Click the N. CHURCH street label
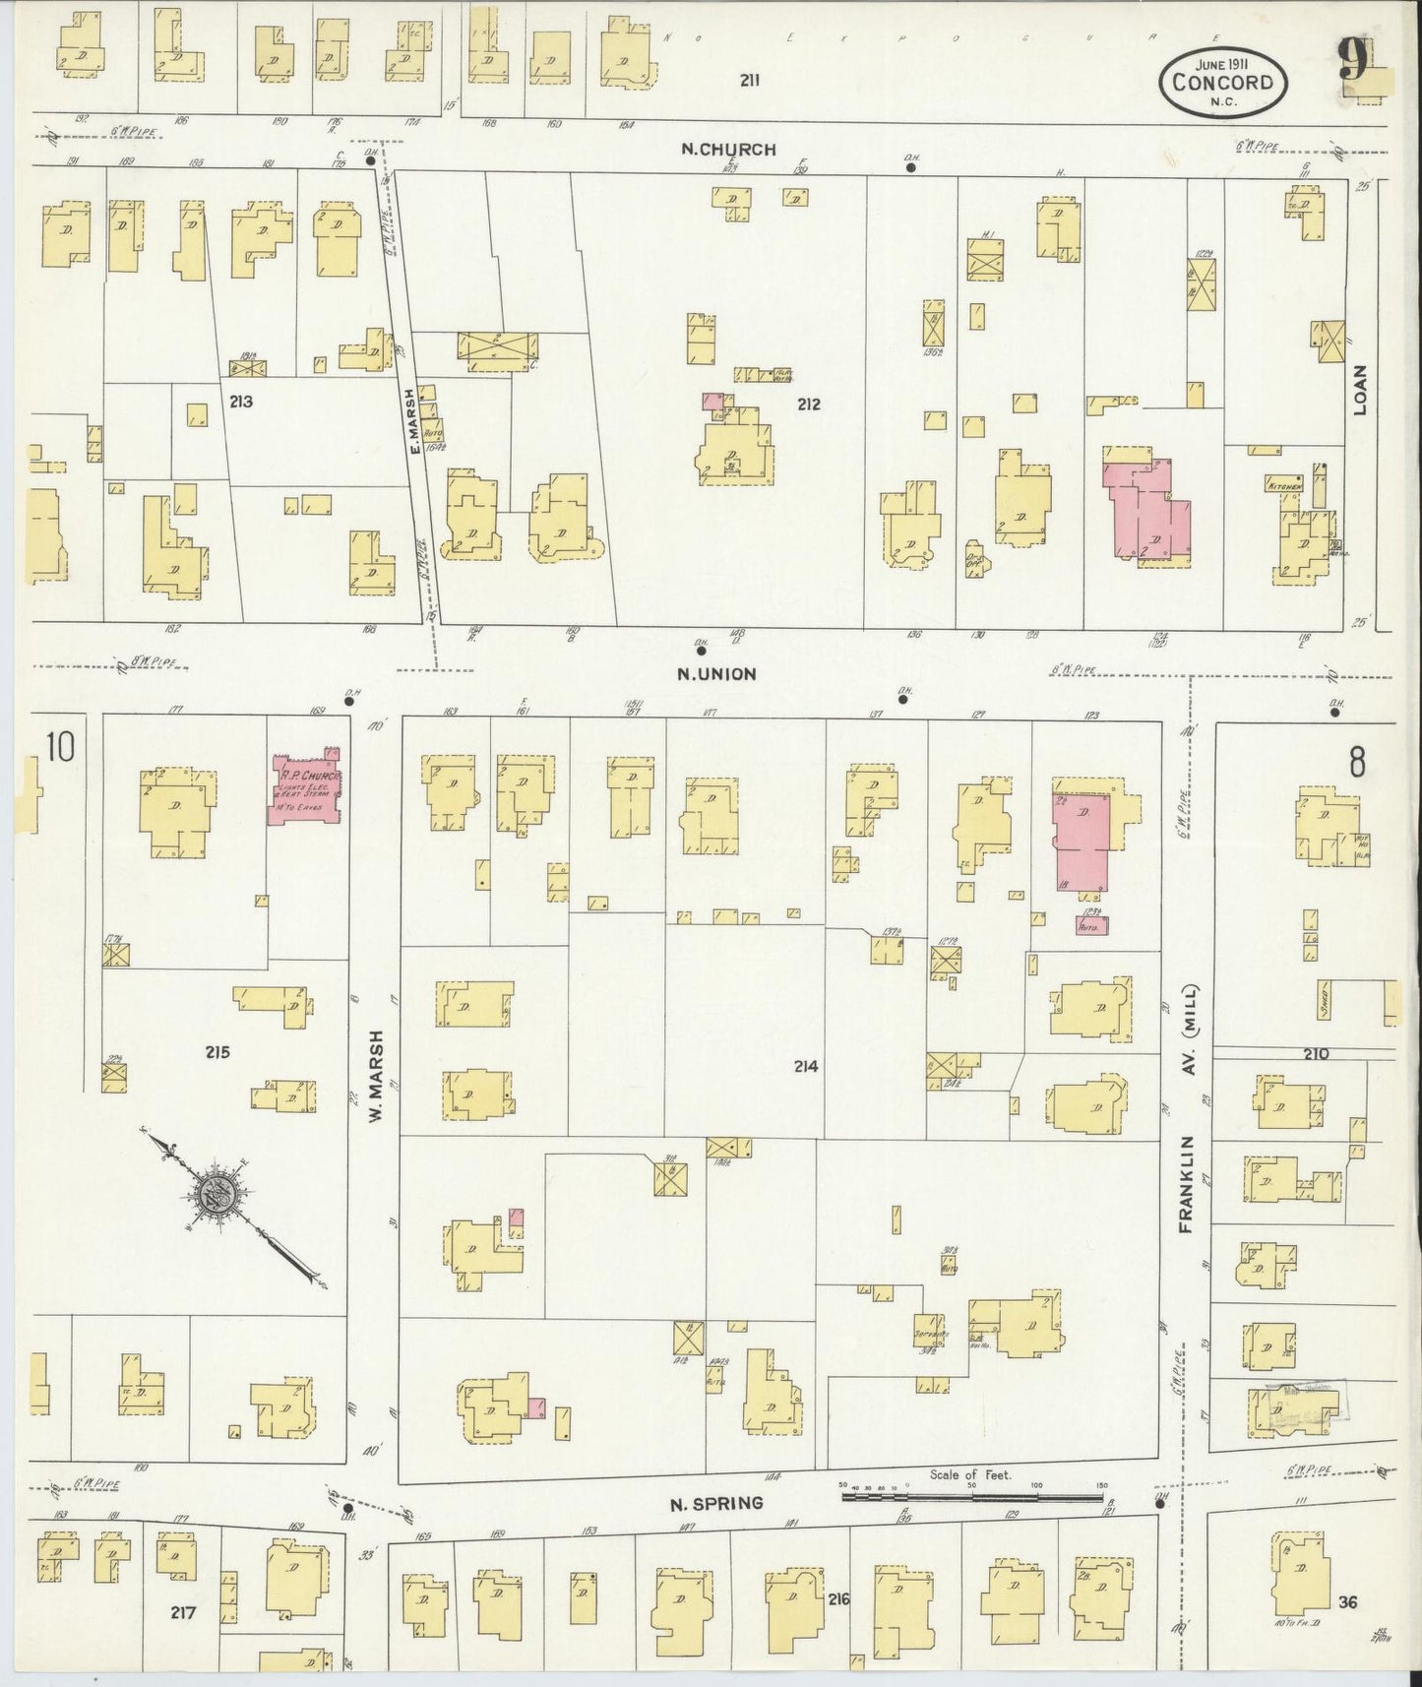[x=729, y=150]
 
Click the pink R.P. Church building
[x=306, y=787]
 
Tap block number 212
[x=809, y=404]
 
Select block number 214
[x=806, y=1066]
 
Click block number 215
[x=216, y=1052]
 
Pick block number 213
[x=241, y=402]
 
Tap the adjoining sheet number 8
[x=1357, y=763]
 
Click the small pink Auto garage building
[x=1090, y=925]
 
